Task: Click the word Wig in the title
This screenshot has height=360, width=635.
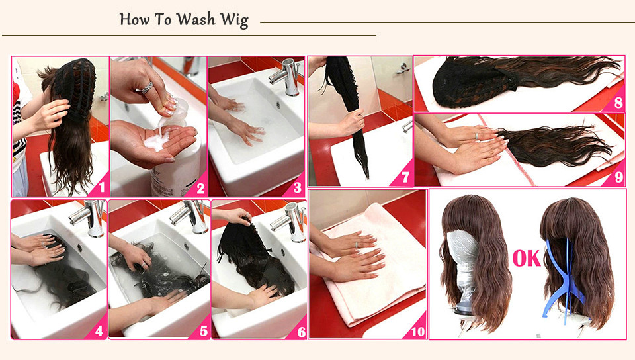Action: click(x=234, y=21)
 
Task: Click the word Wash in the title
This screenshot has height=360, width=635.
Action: click(x=196, y=19)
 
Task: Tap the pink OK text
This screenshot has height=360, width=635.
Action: click(x=527, y=258)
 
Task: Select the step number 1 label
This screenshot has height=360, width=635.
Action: click(x=102, y=187)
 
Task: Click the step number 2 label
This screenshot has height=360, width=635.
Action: click(x=200, y=188)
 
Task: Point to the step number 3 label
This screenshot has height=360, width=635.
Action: click(x=298, y=187)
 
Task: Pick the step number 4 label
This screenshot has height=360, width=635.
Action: click(x=99, y=332)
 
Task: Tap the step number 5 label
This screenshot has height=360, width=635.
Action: click(x=204, y=332)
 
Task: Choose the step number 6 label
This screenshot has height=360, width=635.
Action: click(x=302, y=332)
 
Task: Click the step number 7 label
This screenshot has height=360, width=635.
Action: click(x=405, y=177)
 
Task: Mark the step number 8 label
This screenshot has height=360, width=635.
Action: click(x=618, y=103)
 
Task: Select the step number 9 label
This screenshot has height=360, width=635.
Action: click(x=619, y=177)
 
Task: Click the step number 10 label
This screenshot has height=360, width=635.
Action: click(x=417, y=332)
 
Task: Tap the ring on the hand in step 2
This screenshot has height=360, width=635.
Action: click(x=148, y=87)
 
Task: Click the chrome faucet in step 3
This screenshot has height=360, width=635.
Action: click(x=286, y=77)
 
